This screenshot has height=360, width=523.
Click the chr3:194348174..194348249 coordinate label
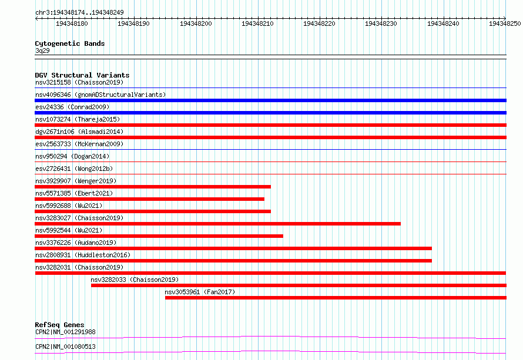pyautogui.click(x=79, y=12)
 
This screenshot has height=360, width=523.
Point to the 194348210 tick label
pyautogui.click(x=257, y=23)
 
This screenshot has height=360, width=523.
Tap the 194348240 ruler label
pyautogui.click(x=443, y=23)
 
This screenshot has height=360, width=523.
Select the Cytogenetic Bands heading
pyautogui.click(x=70, y=43)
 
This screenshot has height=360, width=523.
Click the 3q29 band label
pyautogui.click(x=42, y=51)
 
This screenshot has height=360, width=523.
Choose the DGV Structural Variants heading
pyautogui.click(x=82, y=75)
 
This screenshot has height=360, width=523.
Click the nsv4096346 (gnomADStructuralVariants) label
pyautogui.click(x=100, y=95)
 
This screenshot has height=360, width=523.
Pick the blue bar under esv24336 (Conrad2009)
pyautogui.click(x=270, y=113)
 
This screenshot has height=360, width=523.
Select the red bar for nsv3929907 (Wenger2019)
pyautogui.click(x=153, y=187)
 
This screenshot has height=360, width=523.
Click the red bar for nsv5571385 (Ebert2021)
pyautogui.click(x=149, y=199)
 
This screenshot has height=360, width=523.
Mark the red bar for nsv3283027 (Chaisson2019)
pyautogui.click(x=217, y=224)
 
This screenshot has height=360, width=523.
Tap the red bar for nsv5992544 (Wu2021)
pyautogui.click(x=159, y=236)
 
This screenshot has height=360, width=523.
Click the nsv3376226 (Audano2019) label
pyautogui.click(x=76, y=243)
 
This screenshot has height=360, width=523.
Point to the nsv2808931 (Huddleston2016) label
pyautogui.click(x=83, y=255)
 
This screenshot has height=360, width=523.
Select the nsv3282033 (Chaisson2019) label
pyautogui.click(x=135, y=280)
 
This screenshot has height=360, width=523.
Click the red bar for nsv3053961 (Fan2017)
pyautogui.click(x=336, y=298)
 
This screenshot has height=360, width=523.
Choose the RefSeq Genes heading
pyautogui.click(x=59, y=325)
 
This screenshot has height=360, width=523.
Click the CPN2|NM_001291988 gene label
pyautogui.click(x=65, y=332)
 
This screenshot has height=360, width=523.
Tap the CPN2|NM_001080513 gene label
pyautogui.click(x=65, y=346)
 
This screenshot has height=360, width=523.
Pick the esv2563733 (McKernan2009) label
pyautogui.click(x=79, y=144)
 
